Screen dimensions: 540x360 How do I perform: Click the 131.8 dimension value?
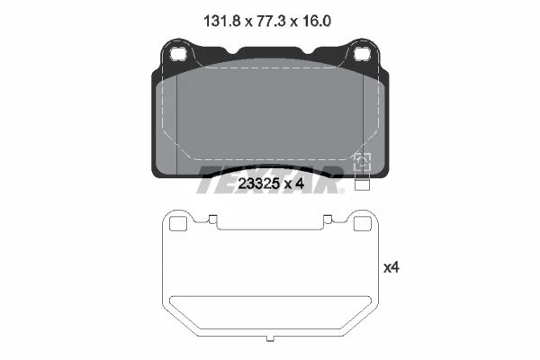tap(221, 22)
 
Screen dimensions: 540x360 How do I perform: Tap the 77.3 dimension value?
tap(272, 22)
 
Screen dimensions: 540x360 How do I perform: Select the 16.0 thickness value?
tap(317, 22)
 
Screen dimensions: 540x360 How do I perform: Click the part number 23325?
tap(258, 184)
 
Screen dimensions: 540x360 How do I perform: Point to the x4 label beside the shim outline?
tap(391, 267)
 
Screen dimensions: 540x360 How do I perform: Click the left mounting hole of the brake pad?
tap(178, 53)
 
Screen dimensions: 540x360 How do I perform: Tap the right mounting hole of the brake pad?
tap(363, 53)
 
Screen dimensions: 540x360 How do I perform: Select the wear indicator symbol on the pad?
tap(363, 162)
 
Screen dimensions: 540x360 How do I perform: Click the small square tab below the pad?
tap(362, 185)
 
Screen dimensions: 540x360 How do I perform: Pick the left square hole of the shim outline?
tap(178, 224)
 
